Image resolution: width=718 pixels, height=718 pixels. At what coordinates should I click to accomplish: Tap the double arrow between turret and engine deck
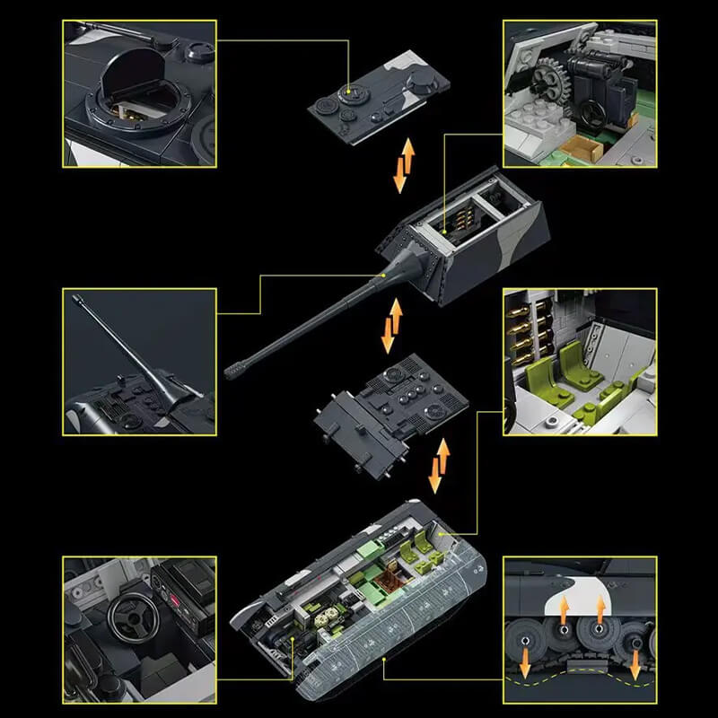(392, 323)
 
